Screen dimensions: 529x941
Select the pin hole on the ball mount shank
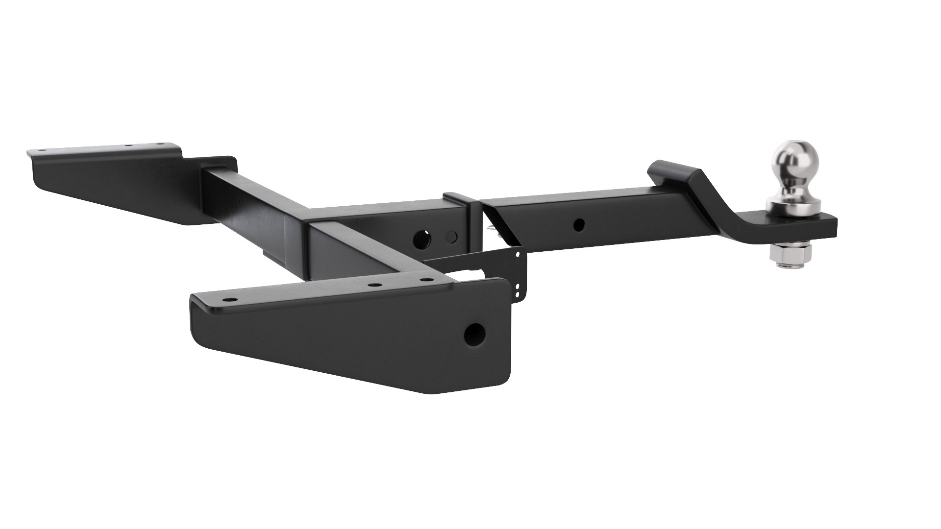[x=579, y=225]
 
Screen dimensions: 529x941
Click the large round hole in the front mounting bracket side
[x=474, y=335]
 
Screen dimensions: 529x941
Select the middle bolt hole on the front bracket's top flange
[x=374, y=284]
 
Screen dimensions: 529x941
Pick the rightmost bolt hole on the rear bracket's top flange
[x=159, y=144]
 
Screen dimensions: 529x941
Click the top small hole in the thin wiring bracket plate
[x=518, y=254]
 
